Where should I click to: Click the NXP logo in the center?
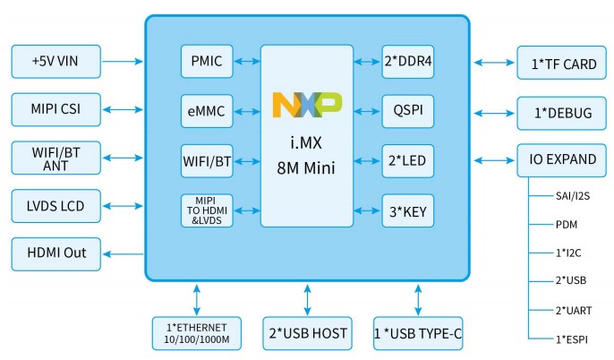click(x=307, y=106)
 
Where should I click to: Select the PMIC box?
click(x=207, y=62)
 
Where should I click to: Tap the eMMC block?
click(x=207, y=112)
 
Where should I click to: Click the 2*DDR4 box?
click(x=408, y=62)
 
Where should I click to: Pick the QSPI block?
click(x=408, y=112)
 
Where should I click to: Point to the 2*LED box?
click(x=408, y=161)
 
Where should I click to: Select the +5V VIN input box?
click(x=55, y=62)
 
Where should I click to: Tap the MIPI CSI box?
click(x=55, y=110)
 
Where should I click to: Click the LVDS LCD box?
click(x=55, y=206)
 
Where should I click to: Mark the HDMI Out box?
click(x=55, y=253)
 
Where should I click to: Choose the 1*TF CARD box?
click(x=557, y=63)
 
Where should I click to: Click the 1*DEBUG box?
click(x=557, y=113)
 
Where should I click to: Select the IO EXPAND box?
click(x=557, y=159)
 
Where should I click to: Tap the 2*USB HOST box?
click(x=308, y=333)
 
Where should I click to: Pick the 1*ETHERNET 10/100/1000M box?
click(x=196, y=333)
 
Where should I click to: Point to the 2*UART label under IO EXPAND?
click(x=570, y=309)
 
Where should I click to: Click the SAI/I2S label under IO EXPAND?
click(x=573, y=194)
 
